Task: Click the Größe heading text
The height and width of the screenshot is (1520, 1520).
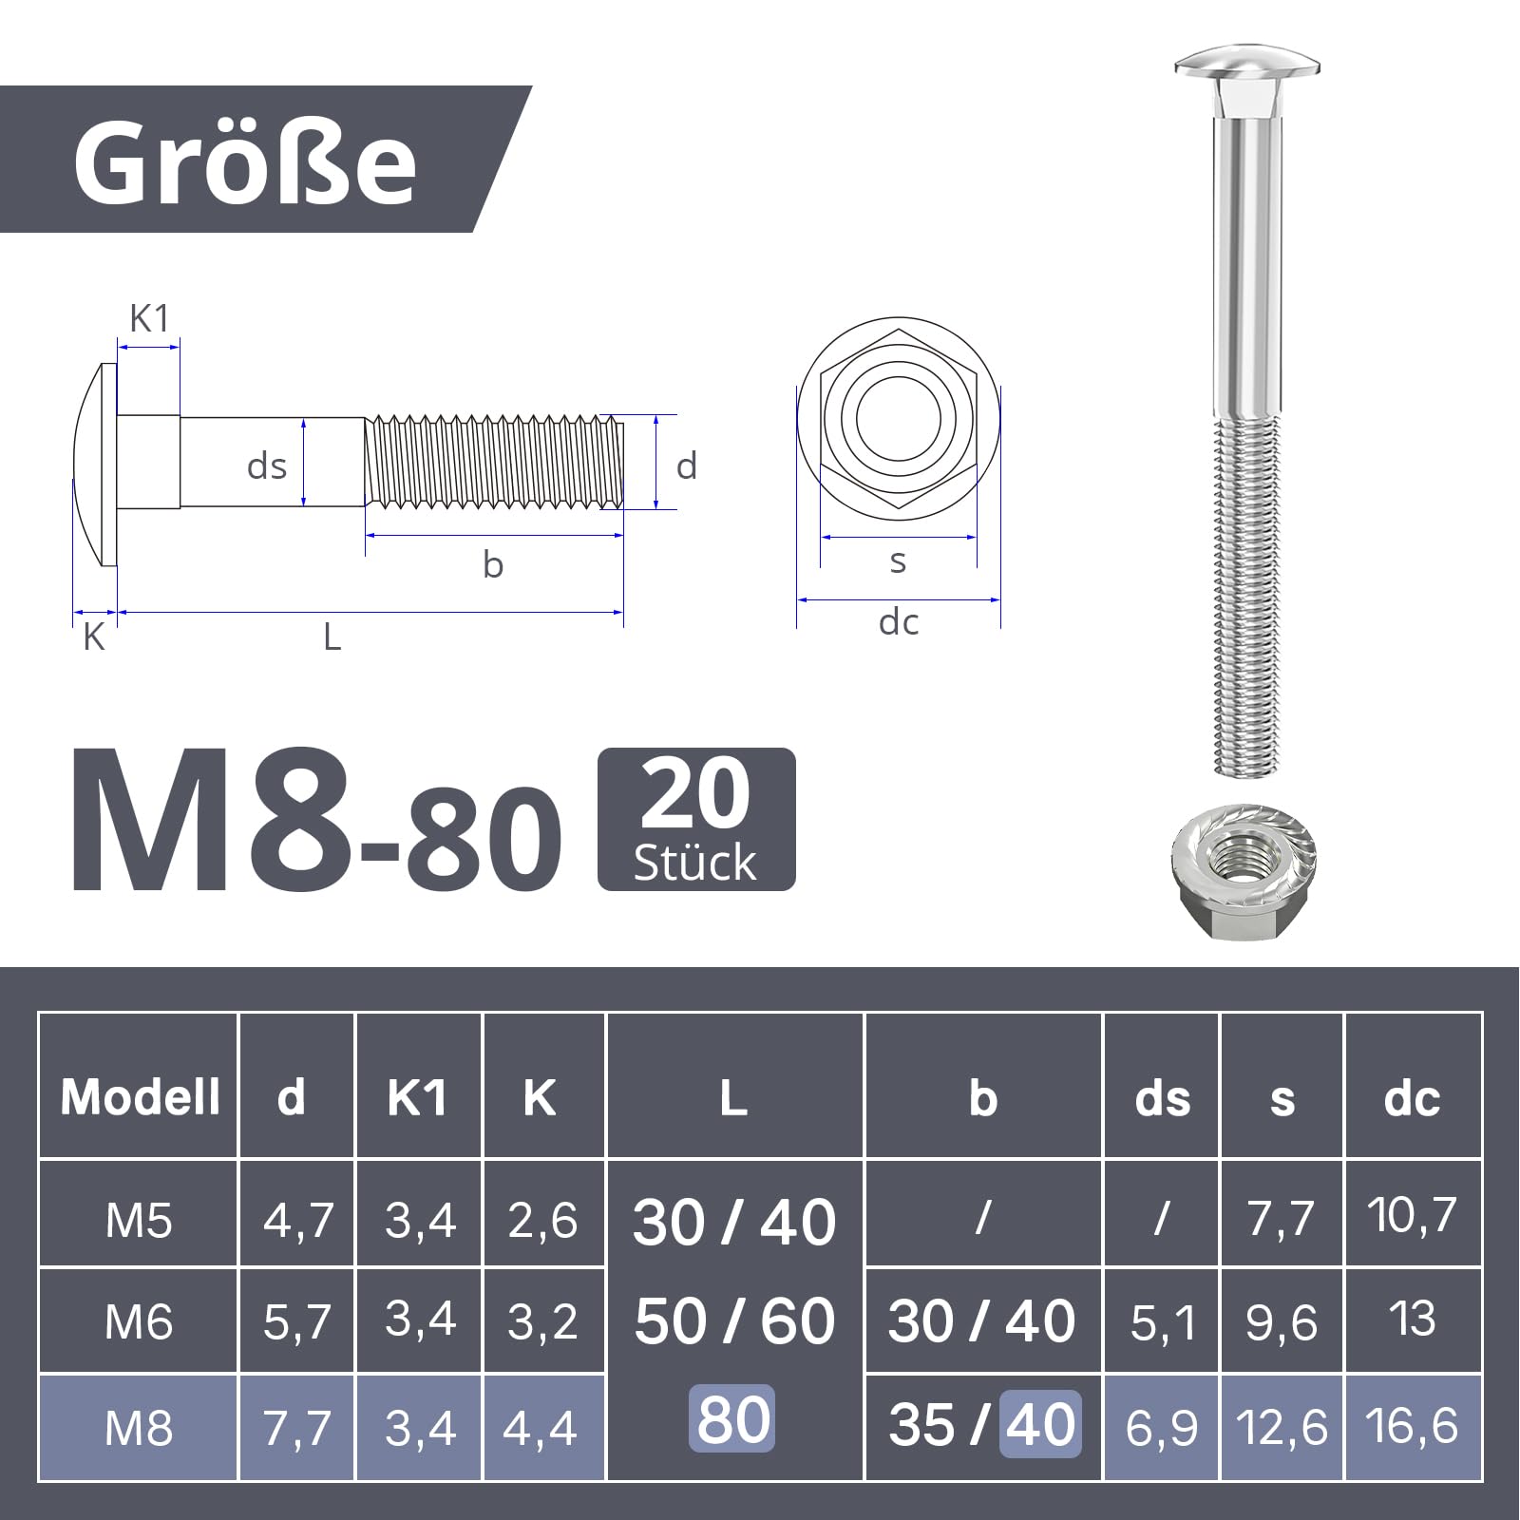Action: point(245,162)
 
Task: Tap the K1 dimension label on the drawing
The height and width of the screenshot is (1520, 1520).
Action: point(149,319)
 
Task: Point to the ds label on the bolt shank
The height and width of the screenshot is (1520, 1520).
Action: point(267,466)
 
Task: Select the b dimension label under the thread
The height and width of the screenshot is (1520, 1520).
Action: point(492,564)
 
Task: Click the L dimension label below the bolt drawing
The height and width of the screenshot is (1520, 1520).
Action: point(332,636)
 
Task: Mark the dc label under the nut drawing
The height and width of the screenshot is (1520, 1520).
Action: point(899,622)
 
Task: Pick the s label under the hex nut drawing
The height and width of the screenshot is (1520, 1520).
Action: point(898,561)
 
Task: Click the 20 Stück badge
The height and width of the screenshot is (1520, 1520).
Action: point(696,820)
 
